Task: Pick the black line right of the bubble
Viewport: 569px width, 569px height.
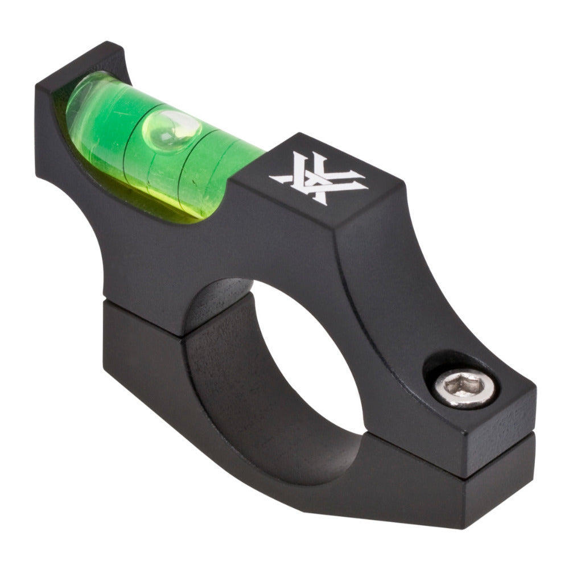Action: tap(196, 165)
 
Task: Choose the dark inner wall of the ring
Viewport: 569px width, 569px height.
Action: tap(228, 370)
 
